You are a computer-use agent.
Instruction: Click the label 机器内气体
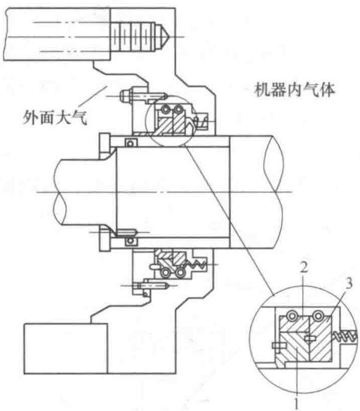pyautogui.click(x=294, y=90)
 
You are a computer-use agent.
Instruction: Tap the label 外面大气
pyautogui.click(x=55, y=118)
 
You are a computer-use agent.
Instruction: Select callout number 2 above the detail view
pyautogui.click(x=303, y=268)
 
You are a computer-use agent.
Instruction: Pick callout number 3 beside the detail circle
pyautogui.click(x=348, y=283)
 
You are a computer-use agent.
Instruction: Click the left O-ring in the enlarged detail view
pyautogui.click(x=292, y=316)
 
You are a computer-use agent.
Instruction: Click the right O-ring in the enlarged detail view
pyautogui.click(x=318, y=316)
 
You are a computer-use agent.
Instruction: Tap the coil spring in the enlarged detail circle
pyautogui.click(x=345, y=336)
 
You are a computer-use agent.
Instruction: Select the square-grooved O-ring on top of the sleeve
pyautogui.click(x=130, y=142)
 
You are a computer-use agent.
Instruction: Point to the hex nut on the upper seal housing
pyautogui.click(x=125, y=96)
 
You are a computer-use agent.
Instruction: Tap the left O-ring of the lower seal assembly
pyautogui.click(x=166, y=273)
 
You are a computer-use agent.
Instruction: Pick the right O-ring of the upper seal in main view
pyautogui.click(x=178, y=109)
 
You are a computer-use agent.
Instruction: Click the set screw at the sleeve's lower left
pyautogui.click(x=126, y=233)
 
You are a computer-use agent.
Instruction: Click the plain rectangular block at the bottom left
pyautogui.click(x=66, y=348)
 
